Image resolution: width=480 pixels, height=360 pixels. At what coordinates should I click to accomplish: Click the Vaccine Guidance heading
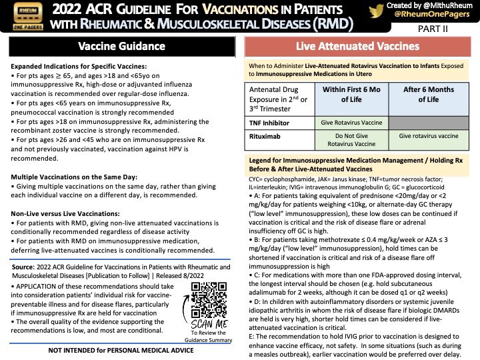(121, 47)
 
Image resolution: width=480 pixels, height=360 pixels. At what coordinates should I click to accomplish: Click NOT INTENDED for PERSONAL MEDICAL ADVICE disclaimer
(121, 349)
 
